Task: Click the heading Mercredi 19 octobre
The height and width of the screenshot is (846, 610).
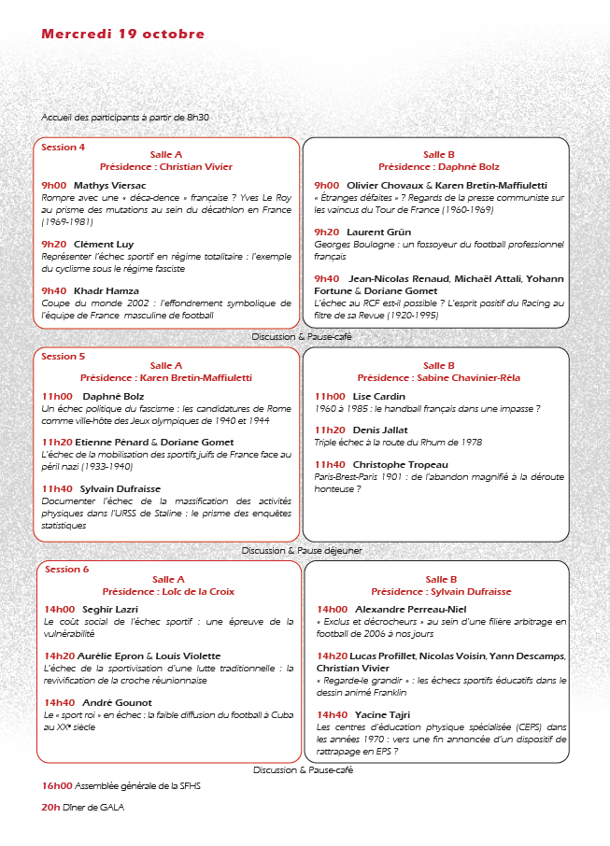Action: click(x=122, y=35)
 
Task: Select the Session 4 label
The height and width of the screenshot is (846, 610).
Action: click(x=63, y=147)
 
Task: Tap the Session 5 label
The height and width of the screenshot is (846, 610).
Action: click(x=63, y=356)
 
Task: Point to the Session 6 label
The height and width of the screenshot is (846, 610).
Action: click(x=66, y=569)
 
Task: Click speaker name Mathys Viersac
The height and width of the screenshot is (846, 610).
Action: click(x=106, y=186)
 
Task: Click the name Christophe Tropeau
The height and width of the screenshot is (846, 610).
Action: click(x=400, y=464)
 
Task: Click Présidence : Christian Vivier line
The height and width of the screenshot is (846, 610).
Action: click(x=166, y=167)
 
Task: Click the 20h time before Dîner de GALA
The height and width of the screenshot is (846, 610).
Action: click(x=50, y=807)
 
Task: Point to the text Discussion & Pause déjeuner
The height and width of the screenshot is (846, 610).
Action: click(x=302, y=551)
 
